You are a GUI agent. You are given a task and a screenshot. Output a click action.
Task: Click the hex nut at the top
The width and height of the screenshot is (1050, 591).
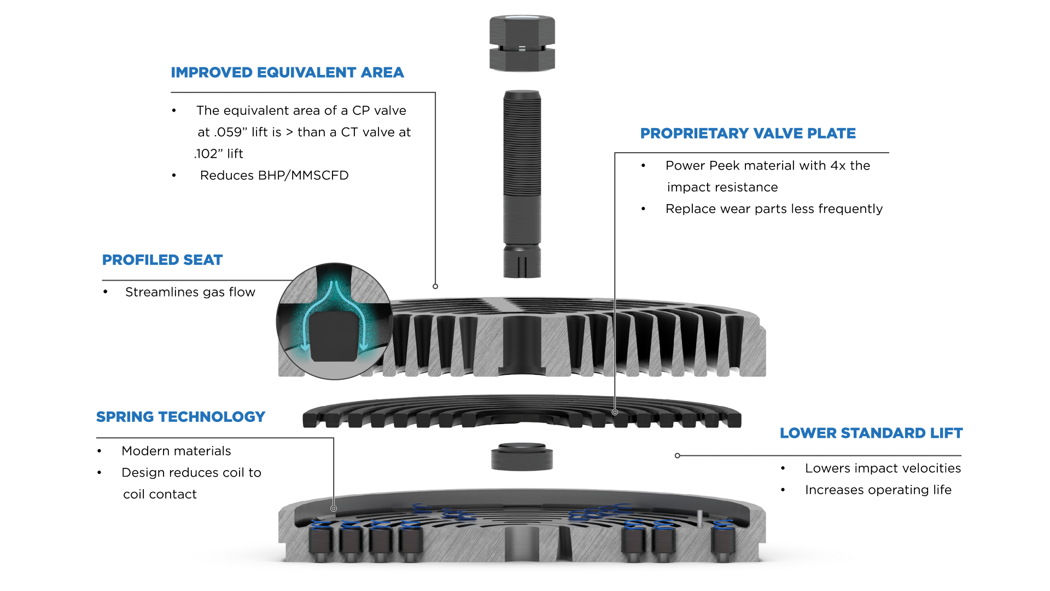[522, 43]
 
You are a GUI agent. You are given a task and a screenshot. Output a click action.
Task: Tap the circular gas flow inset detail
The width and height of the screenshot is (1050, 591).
[334, 322]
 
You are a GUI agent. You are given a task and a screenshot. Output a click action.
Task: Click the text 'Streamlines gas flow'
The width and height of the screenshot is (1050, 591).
[190, 292]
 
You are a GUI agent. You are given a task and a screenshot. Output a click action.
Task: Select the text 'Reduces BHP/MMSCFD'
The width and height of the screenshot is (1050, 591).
[274, 176]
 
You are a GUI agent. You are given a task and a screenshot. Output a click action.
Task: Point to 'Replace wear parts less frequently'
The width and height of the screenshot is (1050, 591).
[774, 209]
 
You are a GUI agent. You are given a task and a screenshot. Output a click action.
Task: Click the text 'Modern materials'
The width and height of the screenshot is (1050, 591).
[176, 451]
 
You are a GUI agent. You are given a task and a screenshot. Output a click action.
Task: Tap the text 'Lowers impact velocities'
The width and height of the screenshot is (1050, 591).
[883, 468]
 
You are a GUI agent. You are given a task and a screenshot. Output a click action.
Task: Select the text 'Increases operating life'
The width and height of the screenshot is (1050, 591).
[878, 490]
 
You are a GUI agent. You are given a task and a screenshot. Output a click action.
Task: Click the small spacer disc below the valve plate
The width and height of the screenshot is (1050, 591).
[522, 457]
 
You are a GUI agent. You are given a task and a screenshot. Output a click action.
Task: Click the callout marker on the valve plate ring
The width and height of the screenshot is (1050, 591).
[615, 412]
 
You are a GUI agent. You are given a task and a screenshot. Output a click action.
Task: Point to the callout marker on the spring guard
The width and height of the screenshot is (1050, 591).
[334, 508]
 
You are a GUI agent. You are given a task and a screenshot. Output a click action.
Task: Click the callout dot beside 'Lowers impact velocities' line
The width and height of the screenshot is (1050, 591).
[678, 455]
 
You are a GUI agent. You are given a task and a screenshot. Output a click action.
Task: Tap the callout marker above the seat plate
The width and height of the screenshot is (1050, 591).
[435, 286]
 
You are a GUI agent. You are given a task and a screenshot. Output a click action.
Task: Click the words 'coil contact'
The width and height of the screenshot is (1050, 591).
[160, 495]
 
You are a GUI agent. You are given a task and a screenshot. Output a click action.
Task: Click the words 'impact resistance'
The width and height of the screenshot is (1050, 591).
[722, 187]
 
